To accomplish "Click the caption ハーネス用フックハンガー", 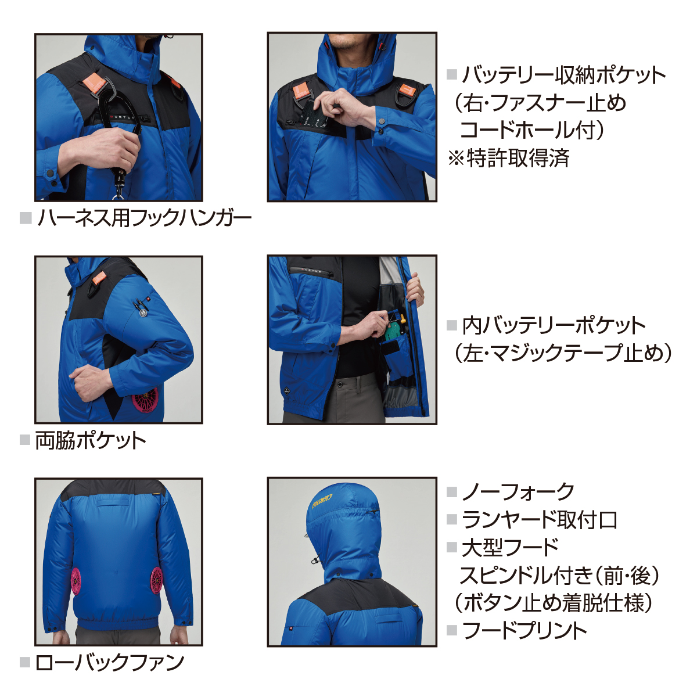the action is click(x=145, y=218).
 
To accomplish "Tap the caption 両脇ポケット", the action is click(x=91, y=440).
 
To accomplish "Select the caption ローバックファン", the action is click(x=110, y=663).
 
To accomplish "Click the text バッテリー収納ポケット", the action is click(x=564, y=76).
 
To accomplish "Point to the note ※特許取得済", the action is click(x=509, y=158).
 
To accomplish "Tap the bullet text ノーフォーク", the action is click(x=518, y=491).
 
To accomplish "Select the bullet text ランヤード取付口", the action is click(x=539, y=520).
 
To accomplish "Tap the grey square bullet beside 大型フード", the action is click(x=452, y=547).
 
